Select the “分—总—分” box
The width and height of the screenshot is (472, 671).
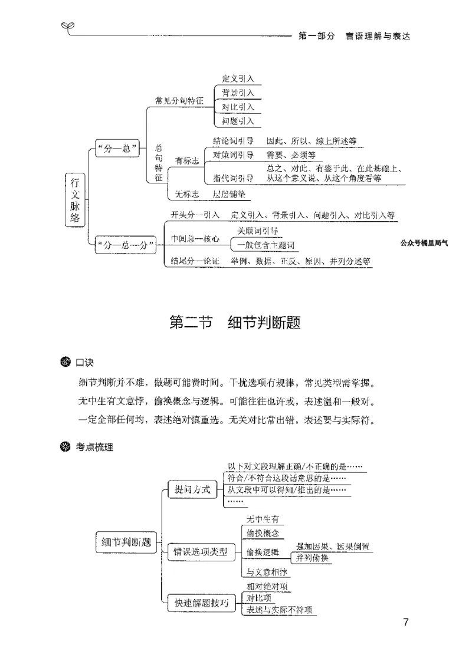(x=124, y=245)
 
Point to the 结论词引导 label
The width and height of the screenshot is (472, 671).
(x=234, y=141)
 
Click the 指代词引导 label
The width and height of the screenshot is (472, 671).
(x=234, y=177)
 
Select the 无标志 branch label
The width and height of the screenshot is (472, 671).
(x=183, y=194)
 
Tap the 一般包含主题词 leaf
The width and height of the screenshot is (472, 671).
(x=265, y=245)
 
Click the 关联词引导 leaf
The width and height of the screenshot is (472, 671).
(x=258, y=231)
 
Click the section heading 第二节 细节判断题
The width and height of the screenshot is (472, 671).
(x=235, y=324)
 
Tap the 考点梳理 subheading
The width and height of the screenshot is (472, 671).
(x=94, y=447)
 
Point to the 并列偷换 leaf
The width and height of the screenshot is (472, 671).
(x=313, y=558)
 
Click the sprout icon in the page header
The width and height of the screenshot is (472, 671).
(x=68, y=26)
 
